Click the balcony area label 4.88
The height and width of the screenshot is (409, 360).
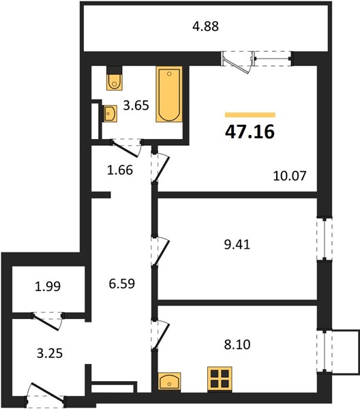[205, 27]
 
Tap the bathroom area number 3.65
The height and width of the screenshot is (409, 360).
[136, 106]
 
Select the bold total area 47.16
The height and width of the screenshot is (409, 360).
[250, 132]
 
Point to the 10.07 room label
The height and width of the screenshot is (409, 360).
[290, 176]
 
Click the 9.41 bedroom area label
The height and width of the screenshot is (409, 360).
[237, 245]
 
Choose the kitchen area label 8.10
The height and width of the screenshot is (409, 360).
[237, 344]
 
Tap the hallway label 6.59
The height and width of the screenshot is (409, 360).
[122, 284]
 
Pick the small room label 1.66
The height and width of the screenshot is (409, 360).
[120, 170]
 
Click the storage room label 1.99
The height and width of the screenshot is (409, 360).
[48, 286]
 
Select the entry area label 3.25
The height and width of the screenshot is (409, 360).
[50, 354]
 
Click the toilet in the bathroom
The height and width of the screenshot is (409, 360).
[115, 78]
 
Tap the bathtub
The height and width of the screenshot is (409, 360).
[169, 94]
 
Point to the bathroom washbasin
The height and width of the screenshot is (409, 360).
[110, 113]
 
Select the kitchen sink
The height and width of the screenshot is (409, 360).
[169, 381]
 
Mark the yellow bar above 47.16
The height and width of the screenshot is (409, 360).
[250, 115]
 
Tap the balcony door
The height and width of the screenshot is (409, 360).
[237, 62]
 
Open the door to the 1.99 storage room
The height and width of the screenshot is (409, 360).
[47, 321]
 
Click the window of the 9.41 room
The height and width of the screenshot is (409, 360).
[325, 239]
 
